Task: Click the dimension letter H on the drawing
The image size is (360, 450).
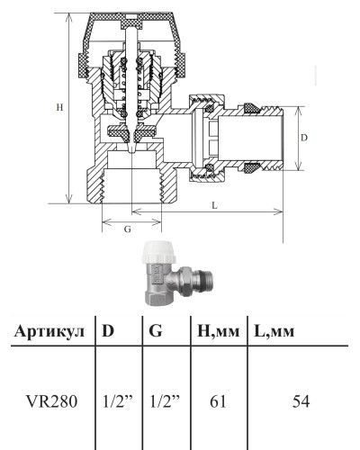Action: [x=59, y=107]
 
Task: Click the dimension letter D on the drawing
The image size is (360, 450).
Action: [x=304, y=138]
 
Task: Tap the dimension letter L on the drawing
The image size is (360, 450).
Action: [x=214, y=205]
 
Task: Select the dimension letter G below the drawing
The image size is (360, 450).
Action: [x=128, y=229]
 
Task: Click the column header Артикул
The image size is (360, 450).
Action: [x=49, y=331]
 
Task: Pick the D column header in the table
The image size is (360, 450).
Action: [x=108, y=330]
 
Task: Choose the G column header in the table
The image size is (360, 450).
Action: [x=156, y=330]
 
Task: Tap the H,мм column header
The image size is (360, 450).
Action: [x=219, y=332]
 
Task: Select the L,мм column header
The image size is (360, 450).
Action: [x=274, y=332]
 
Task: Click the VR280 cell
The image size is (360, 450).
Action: [x=52, y=401]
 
